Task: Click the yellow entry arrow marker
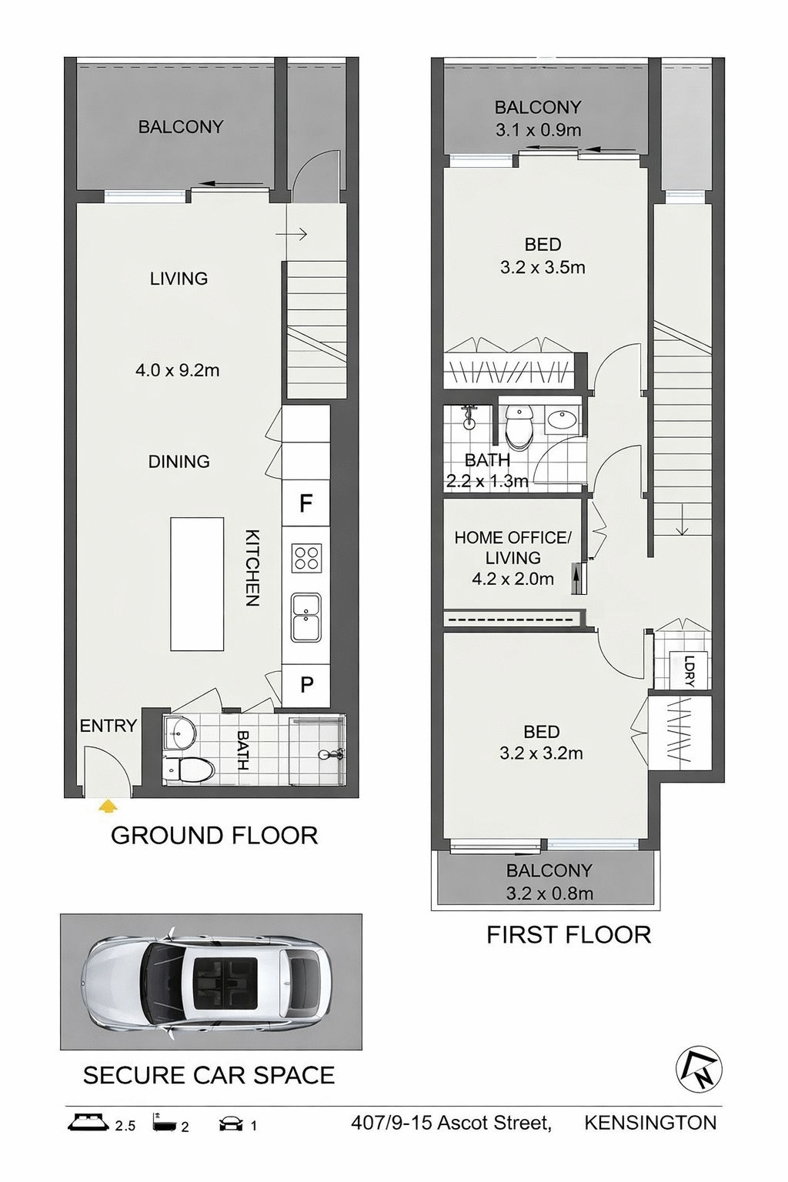[109, 806]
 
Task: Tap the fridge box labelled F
[306, 503]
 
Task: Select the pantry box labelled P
[306, 684]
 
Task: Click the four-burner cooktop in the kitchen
[306, 558]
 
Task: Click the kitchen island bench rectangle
[197, 584]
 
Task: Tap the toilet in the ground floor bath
[189, 768]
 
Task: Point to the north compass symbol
[699, 1069]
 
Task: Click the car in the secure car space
[207, 981]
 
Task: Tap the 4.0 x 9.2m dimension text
[178, 370]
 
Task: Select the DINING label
[179, 462]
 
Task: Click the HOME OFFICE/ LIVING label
[513, 547]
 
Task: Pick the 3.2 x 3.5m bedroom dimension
[543, 268]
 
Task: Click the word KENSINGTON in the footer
[650, 1123]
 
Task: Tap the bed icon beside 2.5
[88, 1122]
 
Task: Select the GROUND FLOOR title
[214, 836]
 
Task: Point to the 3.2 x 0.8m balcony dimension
[549, 893]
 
